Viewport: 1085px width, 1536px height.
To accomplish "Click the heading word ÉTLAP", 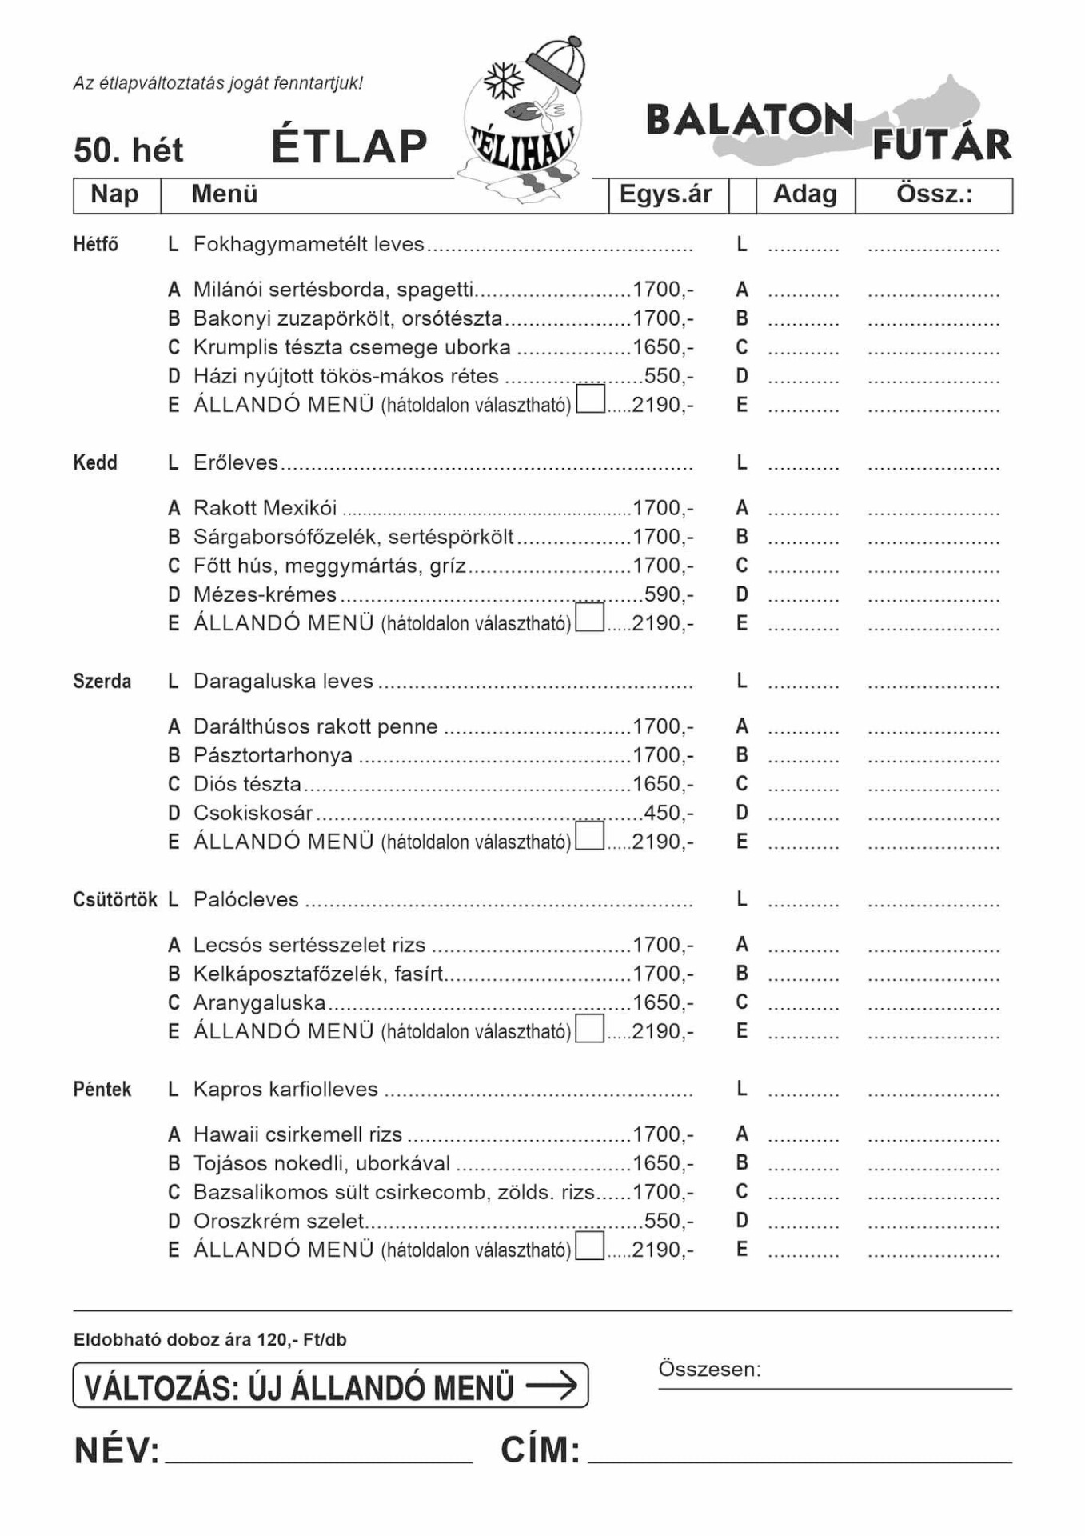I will click(349, 146).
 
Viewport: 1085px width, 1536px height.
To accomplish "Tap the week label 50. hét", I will click(128, 150).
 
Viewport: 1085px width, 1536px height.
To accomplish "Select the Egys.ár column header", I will click(665, 194).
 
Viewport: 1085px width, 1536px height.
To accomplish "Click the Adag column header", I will click(804, 194).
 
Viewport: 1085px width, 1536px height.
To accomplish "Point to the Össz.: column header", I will click(934, 194).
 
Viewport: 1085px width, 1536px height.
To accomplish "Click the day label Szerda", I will click(102, 682).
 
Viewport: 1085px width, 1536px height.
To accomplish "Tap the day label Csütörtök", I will click(115, 900).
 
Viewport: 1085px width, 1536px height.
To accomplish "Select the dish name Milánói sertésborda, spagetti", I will click(333, 290).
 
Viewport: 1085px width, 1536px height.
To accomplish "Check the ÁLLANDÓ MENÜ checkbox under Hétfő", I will click(590, 399).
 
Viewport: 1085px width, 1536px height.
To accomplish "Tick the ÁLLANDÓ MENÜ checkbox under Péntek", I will click(590, 1246).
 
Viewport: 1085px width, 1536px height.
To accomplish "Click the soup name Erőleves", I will click(236, 463).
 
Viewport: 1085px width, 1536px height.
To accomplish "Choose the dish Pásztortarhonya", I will click(273, 756).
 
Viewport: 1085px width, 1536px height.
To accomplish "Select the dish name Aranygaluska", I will click(260, 1003).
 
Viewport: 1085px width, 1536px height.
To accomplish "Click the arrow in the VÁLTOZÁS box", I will click(552, 1385).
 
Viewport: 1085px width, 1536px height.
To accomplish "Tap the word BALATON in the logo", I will click(749, 121).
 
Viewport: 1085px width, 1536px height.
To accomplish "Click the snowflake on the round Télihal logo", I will click(505, 81).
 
